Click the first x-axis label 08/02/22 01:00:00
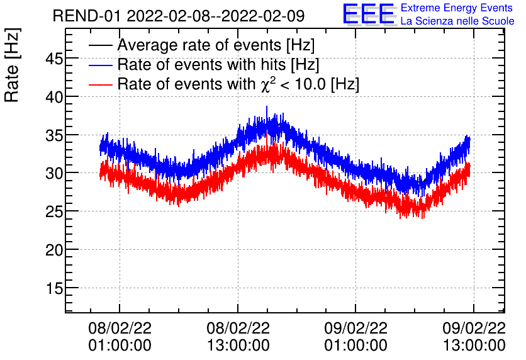pyautogui.click(x=120, y=337)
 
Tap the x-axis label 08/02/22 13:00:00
pyautogui.click(x=238, y=337)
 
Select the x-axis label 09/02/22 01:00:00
pyautogui.click(x=355, y=337)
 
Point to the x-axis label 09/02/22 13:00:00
pyautogui.click(x=473, y=337)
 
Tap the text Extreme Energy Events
pyautogui.click(x=457, y=8)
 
